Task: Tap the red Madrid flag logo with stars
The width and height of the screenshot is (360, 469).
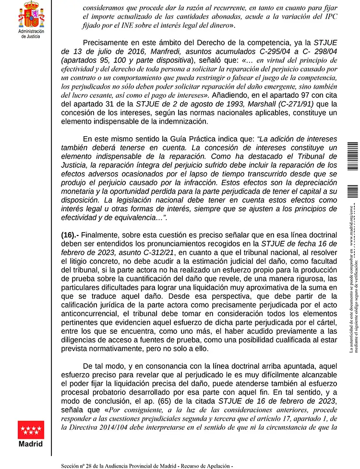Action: click(x=31, y=430)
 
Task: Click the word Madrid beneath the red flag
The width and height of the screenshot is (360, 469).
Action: click(x=31, y=444)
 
